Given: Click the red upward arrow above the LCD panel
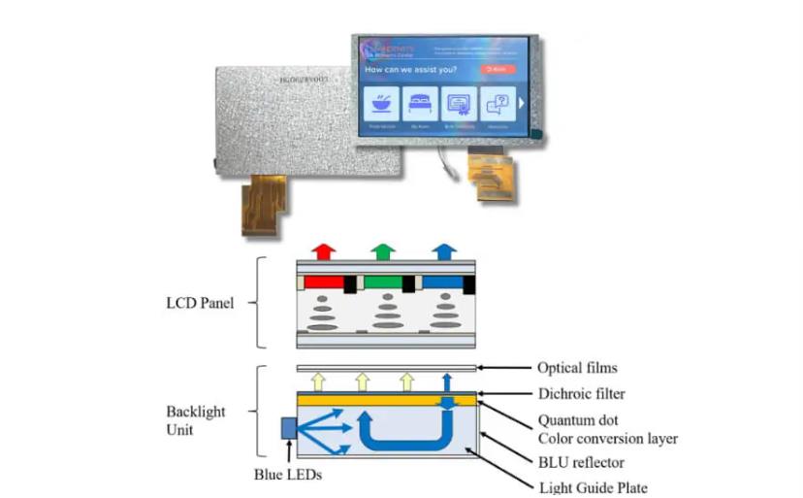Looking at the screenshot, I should (325, 250).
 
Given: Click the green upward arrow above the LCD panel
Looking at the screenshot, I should (385, 250).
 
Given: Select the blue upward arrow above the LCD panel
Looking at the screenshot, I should (444, 250).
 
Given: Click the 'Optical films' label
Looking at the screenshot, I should (577, 368).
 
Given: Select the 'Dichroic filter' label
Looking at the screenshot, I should (582, 394).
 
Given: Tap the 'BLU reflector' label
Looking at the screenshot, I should (582, 463).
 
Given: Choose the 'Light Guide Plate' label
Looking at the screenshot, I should (594, 487).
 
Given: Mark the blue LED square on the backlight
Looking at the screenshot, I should (289, 428).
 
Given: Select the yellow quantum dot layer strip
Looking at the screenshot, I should (388, 399).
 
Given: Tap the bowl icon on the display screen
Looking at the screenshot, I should (381, 102).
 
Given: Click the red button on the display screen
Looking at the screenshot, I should (496, 70).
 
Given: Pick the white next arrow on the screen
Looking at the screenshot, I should (521, 102).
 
